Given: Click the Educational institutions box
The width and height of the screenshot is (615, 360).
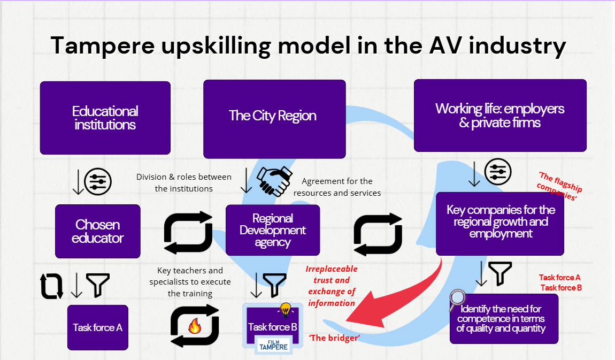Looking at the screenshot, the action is click(105, 118).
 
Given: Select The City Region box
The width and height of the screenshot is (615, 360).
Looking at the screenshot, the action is click(274, 119).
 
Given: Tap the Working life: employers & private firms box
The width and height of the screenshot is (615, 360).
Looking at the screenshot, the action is click(500, 116).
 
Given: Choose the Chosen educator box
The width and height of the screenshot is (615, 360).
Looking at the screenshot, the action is click(98, 232).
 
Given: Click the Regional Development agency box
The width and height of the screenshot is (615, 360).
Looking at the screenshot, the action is click(273, 230).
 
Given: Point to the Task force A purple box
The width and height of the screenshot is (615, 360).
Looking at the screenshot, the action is click(98, 327).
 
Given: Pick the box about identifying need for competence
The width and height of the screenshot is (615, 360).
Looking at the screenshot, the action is click(504, 319).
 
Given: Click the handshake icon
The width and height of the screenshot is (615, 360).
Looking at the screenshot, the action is click(274, 181).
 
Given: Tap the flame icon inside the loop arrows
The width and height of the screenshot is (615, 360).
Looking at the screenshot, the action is click(195, 325).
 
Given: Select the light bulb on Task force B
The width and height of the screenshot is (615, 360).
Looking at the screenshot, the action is click(286, 310).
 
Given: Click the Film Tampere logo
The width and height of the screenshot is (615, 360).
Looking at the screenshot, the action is click(273, 346).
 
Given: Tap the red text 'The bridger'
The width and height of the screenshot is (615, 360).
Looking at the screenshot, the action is click(334, 338).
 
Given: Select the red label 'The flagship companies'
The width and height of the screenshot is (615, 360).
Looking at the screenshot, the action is click(559, 186).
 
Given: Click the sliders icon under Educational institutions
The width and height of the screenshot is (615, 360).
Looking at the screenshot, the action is click(98, 181).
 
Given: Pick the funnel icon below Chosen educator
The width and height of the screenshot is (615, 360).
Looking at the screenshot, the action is click(98, 285).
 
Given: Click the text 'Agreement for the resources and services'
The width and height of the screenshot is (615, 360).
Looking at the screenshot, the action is click(337, 187).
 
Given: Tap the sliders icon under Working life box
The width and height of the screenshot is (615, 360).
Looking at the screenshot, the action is click(498, 172).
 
